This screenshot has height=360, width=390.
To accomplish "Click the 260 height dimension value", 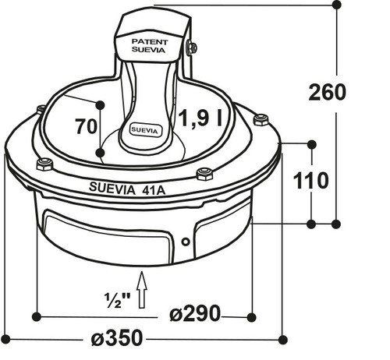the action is pos(327,93).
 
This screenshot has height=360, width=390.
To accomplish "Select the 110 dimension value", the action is pos(310,180).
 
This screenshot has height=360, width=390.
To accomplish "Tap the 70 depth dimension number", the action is pos(86,126).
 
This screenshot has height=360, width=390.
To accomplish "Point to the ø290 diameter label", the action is pos(195,314).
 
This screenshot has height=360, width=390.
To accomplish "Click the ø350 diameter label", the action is pos(117,337).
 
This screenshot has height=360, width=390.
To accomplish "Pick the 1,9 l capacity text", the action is pos(200,118).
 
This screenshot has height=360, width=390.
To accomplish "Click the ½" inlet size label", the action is pos(117,300).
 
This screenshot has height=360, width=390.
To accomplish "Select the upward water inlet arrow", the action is pos(142,290).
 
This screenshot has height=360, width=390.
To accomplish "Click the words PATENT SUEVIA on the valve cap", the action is pos(150,46).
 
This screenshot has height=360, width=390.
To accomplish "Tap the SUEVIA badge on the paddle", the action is pos(144,130).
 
